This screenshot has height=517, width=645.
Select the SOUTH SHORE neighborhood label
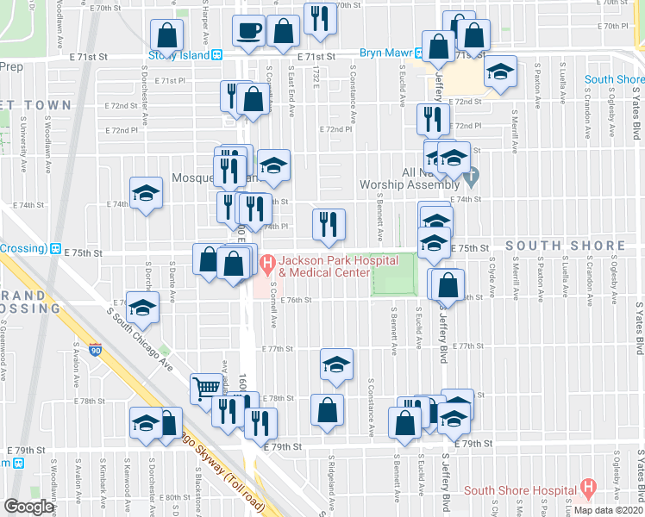[565, 246]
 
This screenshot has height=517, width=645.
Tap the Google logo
[28, 506]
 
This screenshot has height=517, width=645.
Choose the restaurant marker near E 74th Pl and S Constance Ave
[328, 225]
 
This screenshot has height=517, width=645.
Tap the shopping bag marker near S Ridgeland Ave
[327, 410]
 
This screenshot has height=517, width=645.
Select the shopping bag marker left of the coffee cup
[168, 35]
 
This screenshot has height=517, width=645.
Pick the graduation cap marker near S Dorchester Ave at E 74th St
[147, 193]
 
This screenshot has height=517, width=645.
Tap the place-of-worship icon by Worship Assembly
[471, 180]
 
